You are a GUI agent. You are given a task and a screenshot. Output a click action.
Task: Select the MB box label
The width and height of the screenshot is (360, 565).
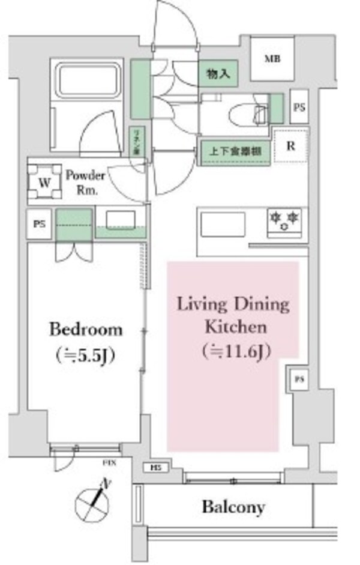[x=272, y=59]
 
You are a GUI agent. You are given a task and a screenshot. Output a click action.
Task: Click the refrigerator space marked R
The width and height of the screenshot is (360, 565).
[x=290, y=145]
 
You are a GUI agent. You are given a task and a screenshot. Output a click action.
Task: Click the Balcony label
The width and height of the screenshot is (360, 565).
[x=233, y=507]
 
